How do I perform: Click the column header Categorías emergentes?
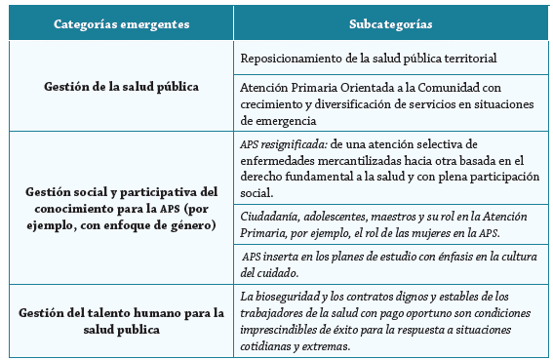coord(122,22)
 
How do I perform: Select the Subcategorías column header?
coord(391,22)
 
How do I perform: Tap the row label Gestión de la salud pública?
coord(122,86)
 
